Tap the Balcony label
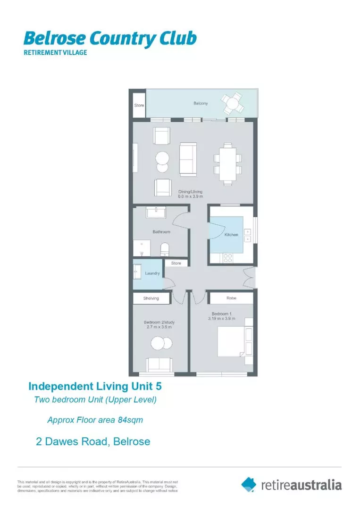pos(200,103)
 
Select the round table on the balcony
pos(233,102)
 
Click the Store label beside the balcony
pos(139,105)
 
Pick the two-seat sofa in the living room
pos(189,159)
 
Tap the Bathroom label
pos(161,232)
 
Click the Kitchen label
pos(231,235)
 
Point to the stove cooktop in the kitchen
pos(227,258)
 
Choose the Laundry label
pos(152,273)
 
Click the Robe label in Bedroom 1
pos(231,298)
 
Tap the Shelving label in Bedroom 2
pos(151,298)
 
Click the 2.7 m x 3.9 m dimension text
pos(158,327)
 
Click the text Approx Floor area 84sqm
pos(95,419)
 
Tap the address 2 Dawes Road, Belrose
pos(93,442)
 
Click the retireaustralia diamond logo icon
pos(249,484)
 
